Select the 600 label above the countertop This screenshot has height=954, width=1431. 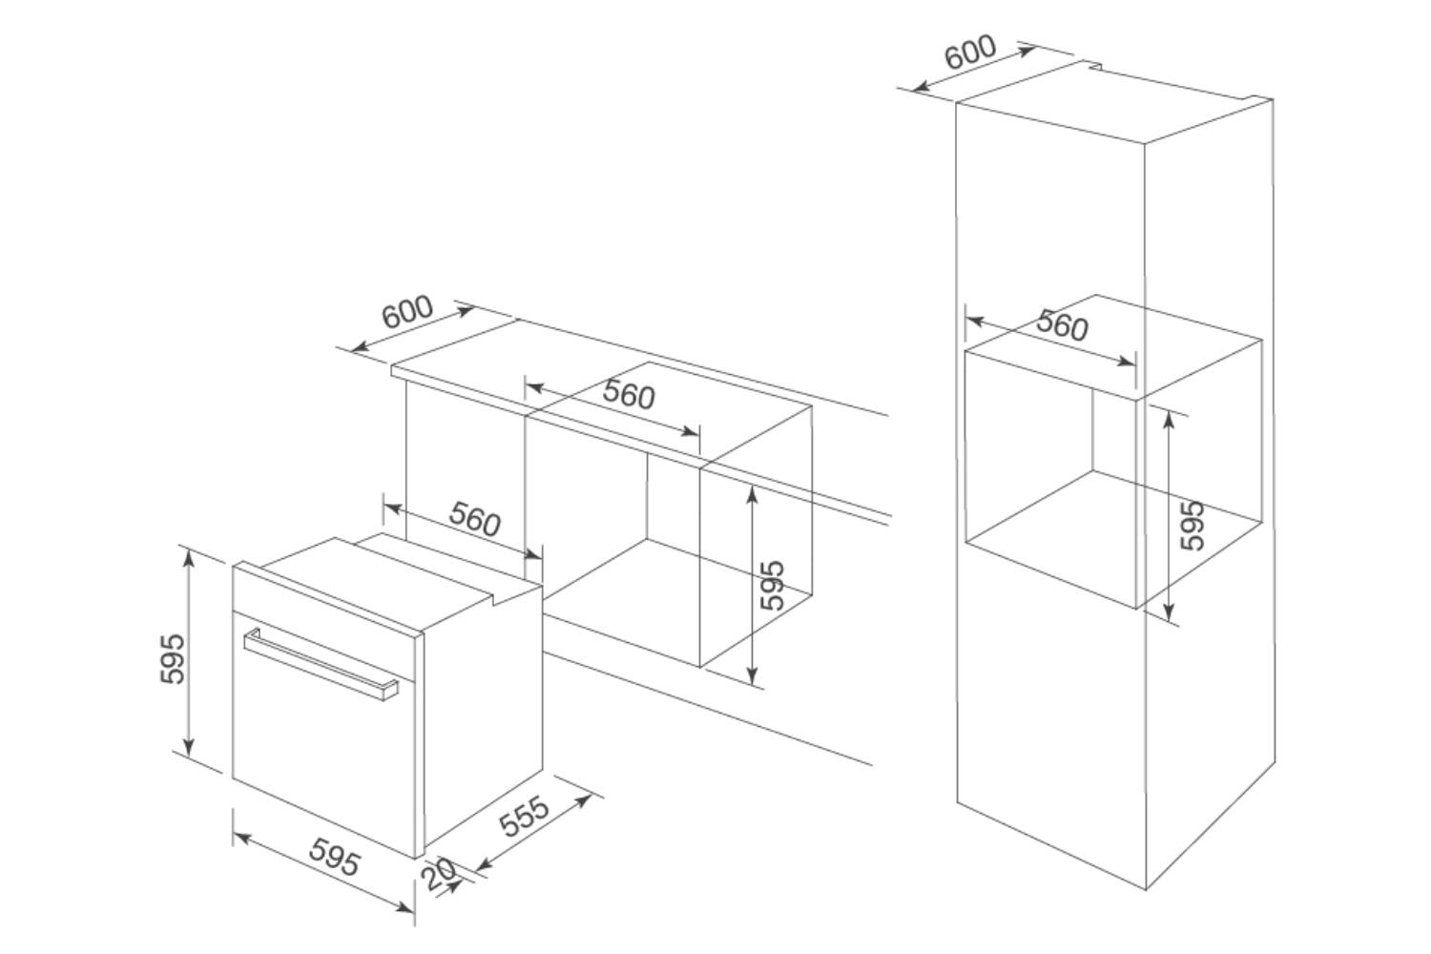(x=407, y=312)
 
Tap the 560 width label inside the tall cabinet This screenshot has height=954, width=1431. (x=1062, y=326)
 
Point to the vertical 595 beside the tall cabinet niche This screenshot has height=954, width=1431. (x=1192, y=526)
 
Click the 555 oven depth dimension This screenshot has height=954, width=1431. (x=526, y=817)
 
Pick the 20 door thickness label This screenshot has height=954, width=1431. (x=440, y=875)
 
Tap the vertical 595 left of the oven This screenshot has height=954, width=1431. (x=173, y=656)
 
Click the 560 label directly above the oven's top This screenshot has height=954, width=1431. (x=475, y=519)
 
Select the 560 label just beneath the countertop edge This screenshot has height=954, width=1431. (x=630, y=395)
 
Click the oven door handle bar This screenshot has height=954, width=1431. (x=320, y=664)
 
